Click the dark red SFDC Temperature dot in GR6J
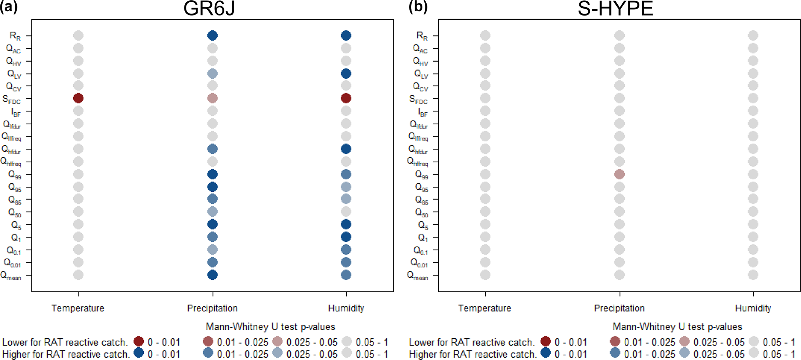[x=78, y=98]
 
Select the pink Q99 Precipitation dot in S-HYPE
[x=619, y=174]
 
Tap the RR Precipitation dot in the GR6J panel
[x=212, y=36]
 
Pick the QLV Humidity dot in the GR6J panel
[x=346, y=74]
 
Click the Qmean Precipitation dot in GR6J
[x=212, y=275]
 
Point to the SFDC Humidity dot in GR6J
[x=346, y=98]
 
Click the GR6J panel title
[x=209, y=9]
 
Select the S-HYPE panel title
[x=615, y=9]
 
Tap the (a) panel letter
[x=9, y=7]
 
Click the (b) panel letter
[x=418, y=7]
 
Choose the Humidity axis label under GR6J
[x=346, y=308]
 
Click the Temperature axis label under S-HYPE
[x=484, y=308]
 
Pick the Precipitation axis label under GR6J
[x=212, y=308]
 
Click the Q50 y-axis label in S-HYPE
[x=421, y=212]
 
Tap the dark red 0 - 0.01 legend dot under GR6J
[x=139, y=341]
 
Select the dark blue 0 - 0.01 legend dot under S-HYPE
[x=546, y=353]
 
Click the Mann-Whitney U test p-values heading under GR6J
[x=270, y=327]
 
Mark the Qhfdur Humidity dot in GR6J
[x=346, y=149]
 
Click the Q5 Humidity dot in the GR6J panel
[x=346, y=224]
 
